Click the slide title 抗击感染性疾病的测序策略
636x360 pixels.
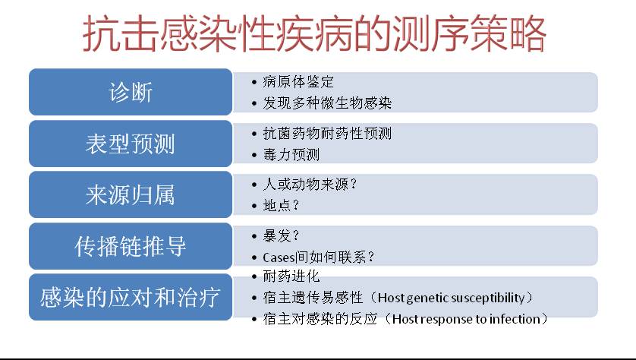coord(314,33)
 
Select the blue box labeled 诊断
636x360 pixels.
coord(131,92)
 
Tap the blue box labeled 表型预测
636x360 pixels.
coord(131,144)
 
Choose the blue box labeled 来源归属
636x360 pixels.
coord(131,194)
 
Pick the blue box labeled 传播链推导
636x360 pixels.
coord(131,246)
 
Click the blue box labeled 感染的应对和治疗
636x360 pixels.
coord(131,297)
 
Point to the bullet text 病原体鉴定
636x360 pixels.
coord(298,81)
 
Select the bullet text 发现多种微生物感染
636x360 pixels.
coord(327,103)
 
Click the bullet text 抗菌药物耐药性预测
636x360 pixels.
coord(327,133)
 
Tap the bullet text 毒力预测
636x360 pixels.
coord(291,155)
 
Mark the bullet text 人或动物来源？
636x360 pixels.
coord(310,185)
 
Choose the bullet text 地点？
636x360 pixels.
coord(281,206)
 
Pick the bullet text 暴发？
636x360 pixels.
coord(281,235)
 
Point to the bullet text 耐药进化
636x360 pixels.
coord(291,276)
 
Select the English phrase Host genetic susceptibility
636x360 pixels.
coord(451,298)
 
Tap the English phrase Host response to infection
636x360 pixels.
coord(467,319)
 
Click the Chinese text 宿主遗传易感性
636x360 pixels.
coord(313,298)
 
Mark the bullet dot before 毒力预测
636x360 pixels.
coord(254,155)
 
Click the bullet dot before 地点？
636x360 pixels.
coord(254,206)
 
